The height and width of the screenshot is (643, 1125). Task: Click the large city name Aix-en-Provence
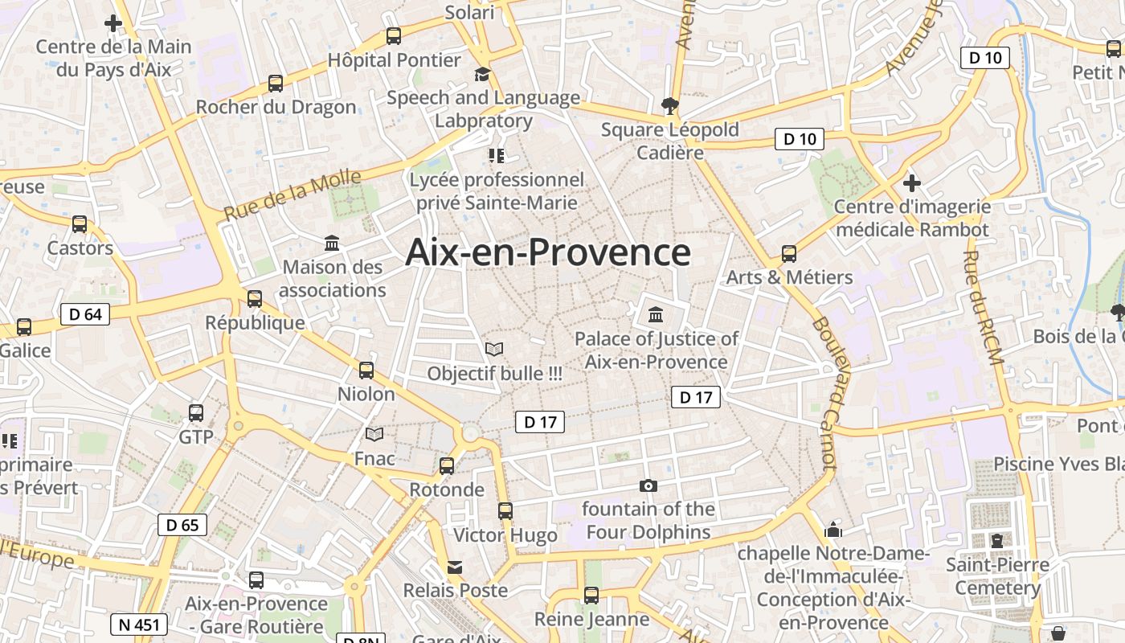point(548,252)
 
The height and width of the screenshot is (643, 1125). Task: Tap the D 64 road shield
point(85,314)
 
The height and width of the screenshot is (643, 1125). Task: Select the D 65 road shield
point(182,526)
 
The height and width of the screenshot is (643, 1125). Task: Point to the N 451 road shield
point(139,625)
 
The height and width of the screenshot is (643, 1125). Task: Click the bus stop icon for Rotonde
point(447,465)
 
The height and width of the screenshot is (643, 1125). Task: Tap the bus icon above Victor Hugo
point(505,510)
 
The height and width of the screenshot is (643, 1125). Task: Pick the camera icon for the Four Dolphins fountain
point(648,485)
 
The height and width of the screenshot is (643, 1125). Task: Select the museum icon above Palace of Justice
point(656,313)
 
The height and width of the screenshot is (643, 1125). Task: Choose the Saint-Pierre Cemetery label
point(997,576)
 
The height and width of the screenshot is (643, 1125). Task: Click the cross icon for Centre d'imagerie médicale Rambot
point(911,182)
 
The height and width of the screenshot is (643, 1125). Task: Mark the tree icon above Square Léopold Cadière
point(669,105)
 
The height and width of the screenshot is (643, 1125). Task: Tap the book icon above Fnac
point(374,435)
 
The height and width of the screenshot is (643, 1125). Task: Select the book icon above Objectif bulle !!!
point(494,350)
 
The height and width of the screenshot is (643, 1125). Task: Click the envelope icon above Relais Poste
point(456,567)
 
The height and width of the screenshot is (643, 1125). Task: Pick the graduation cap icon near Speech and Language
point(482,75)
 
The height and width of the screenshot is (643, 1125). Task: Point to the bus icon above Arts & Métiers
point(789,254)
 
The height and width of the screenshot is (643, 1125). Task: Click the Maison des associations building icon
point(332,243)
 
